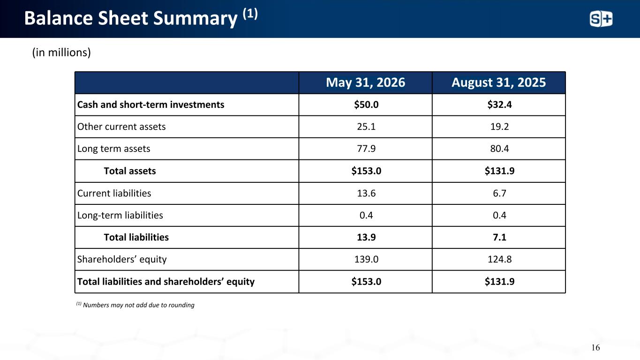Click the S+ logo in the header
tap(601, 19)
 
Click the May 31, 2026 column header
tap(365, 82)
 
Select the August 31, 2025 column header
tap(498, 82)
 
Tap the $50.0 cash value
tap(366, 105)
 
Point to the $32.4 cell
tap(499, 105)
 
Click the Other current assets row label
tap(121, 127)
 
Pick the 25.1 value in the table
tap(366, 127)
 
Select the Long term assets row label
tap(114, 149)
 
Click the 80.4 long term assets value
tap(499, 149)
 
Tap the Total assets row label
tap(130, 171)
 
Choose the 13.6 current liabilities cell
tap(366, 193)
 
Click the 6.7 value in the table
tap(499, 193)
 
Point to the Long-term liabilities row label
tap(120, 215)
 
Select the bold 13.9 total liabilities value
tap(366, 237)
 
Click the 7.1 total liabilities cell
tap(499, 237)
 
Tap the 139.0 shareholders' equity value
tap(366, 259)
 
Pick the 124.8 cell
tap(499, 259)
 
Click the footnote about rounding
tap(135, 305)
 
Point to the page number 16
tap(595, 347)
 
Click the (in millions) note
tap(61, 52)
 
